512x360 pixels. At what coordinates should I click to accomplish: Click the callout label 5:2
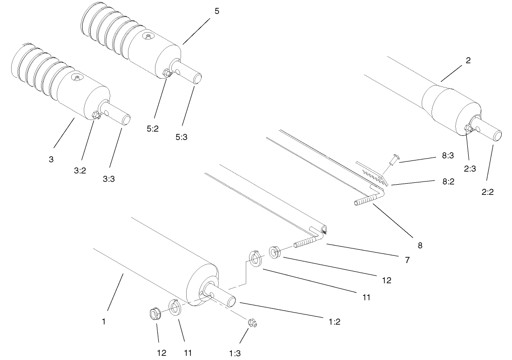[x=152, y=129]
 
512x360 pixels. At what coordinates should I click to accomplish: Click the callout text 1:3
[x=235, y=353]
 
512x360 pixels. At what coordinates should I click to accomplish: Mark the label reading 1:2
[x=334, y=321]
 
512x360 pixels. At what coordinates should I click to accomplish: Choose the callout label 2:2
[x=487, y=191]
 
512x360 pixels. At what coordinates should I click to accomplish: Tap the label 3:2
[x=80, y=170]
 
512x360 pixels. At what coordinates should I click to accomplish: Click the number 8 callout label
[x=420, y=245]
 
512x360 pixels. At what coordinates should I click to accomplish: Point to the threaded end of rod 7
[x=303, y=242]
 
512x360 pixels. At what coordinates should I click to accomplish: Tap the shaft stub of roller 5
[x=193, y=75]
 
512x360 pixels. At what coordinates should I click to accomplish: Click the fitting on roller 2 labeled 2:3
[x=468, y=128]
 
